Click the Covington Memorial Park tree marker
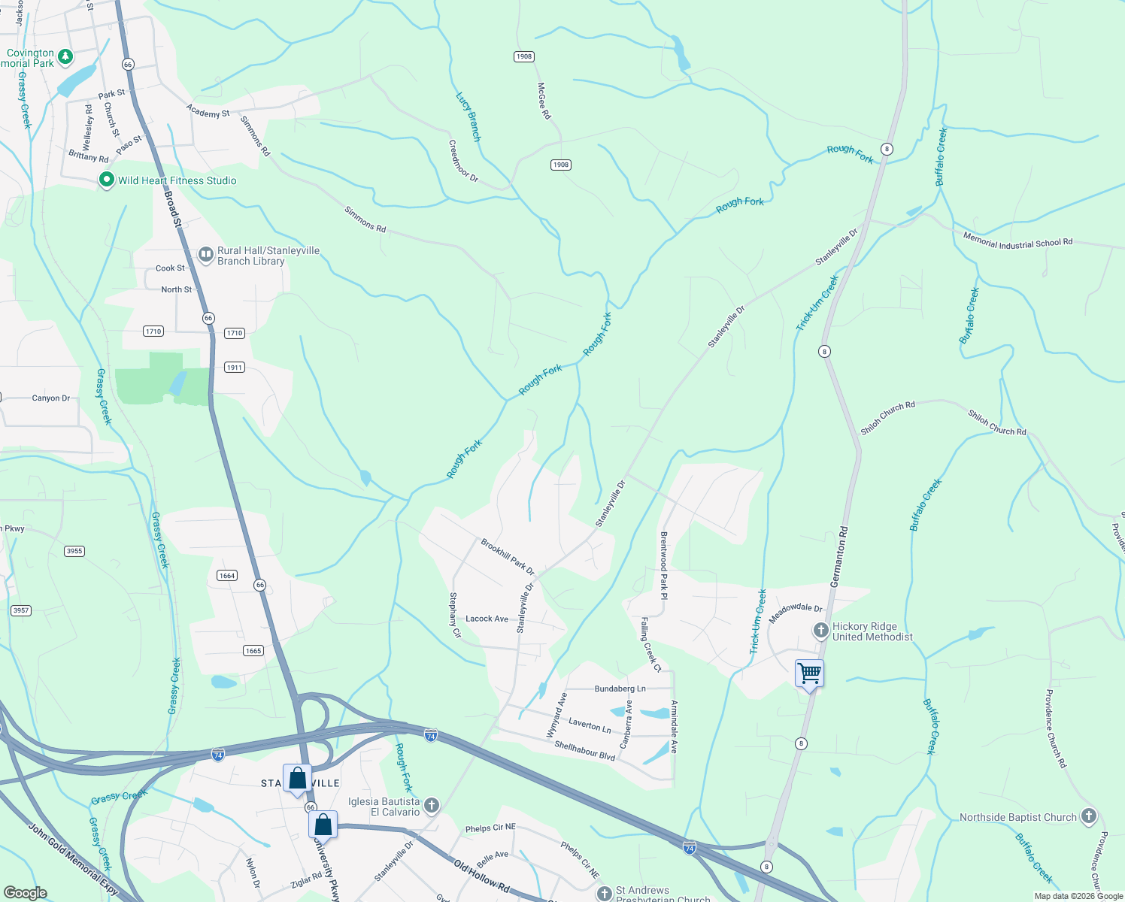pyautogui.click(x=65, y=56)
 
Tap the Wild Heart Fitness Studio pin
pyautogui.click(x=107, y=180)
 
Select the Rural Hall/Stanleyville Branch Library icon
pyautogui.click(x=205, y=255)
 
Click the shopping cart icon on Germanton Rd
pyautogui.click(x=809, y=673)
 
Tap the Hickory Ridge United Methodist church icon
pyautogui.click(x=820, y=630)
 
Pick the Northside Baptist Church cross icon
pyautogui.click(x=1088, y=816)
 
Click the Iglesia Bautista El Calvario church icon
pyautogui.click(x=431, y=806)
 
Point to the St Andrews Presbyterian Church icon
pyautogui.click(x=604, y=893)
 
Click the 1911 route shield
pyautogui.click(x=235, y=368)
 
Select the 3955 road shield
pyautogui.click(x=74, y=551)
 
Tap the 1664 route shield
pyautogui.click(x=227, y=575)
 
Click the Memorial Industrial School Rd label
pyautogui.click(x=1017, y=241)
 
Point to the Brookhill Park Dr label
pyautogui.click(x=508, y=556)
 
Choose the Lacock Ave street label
pyautogui.click(x=487, y=619)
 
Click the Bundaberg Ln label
pyautogui.click(x=620, y=689)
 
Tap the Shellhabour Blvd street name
pyautogui.click(x=584, y=750)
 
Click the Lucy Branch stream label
pyautogui.click(x=468, y=117)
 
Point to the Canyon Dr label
pyautogui.click(x=51, y=398)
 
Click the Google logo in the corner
pyautogui.click(x=26, y=892)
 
